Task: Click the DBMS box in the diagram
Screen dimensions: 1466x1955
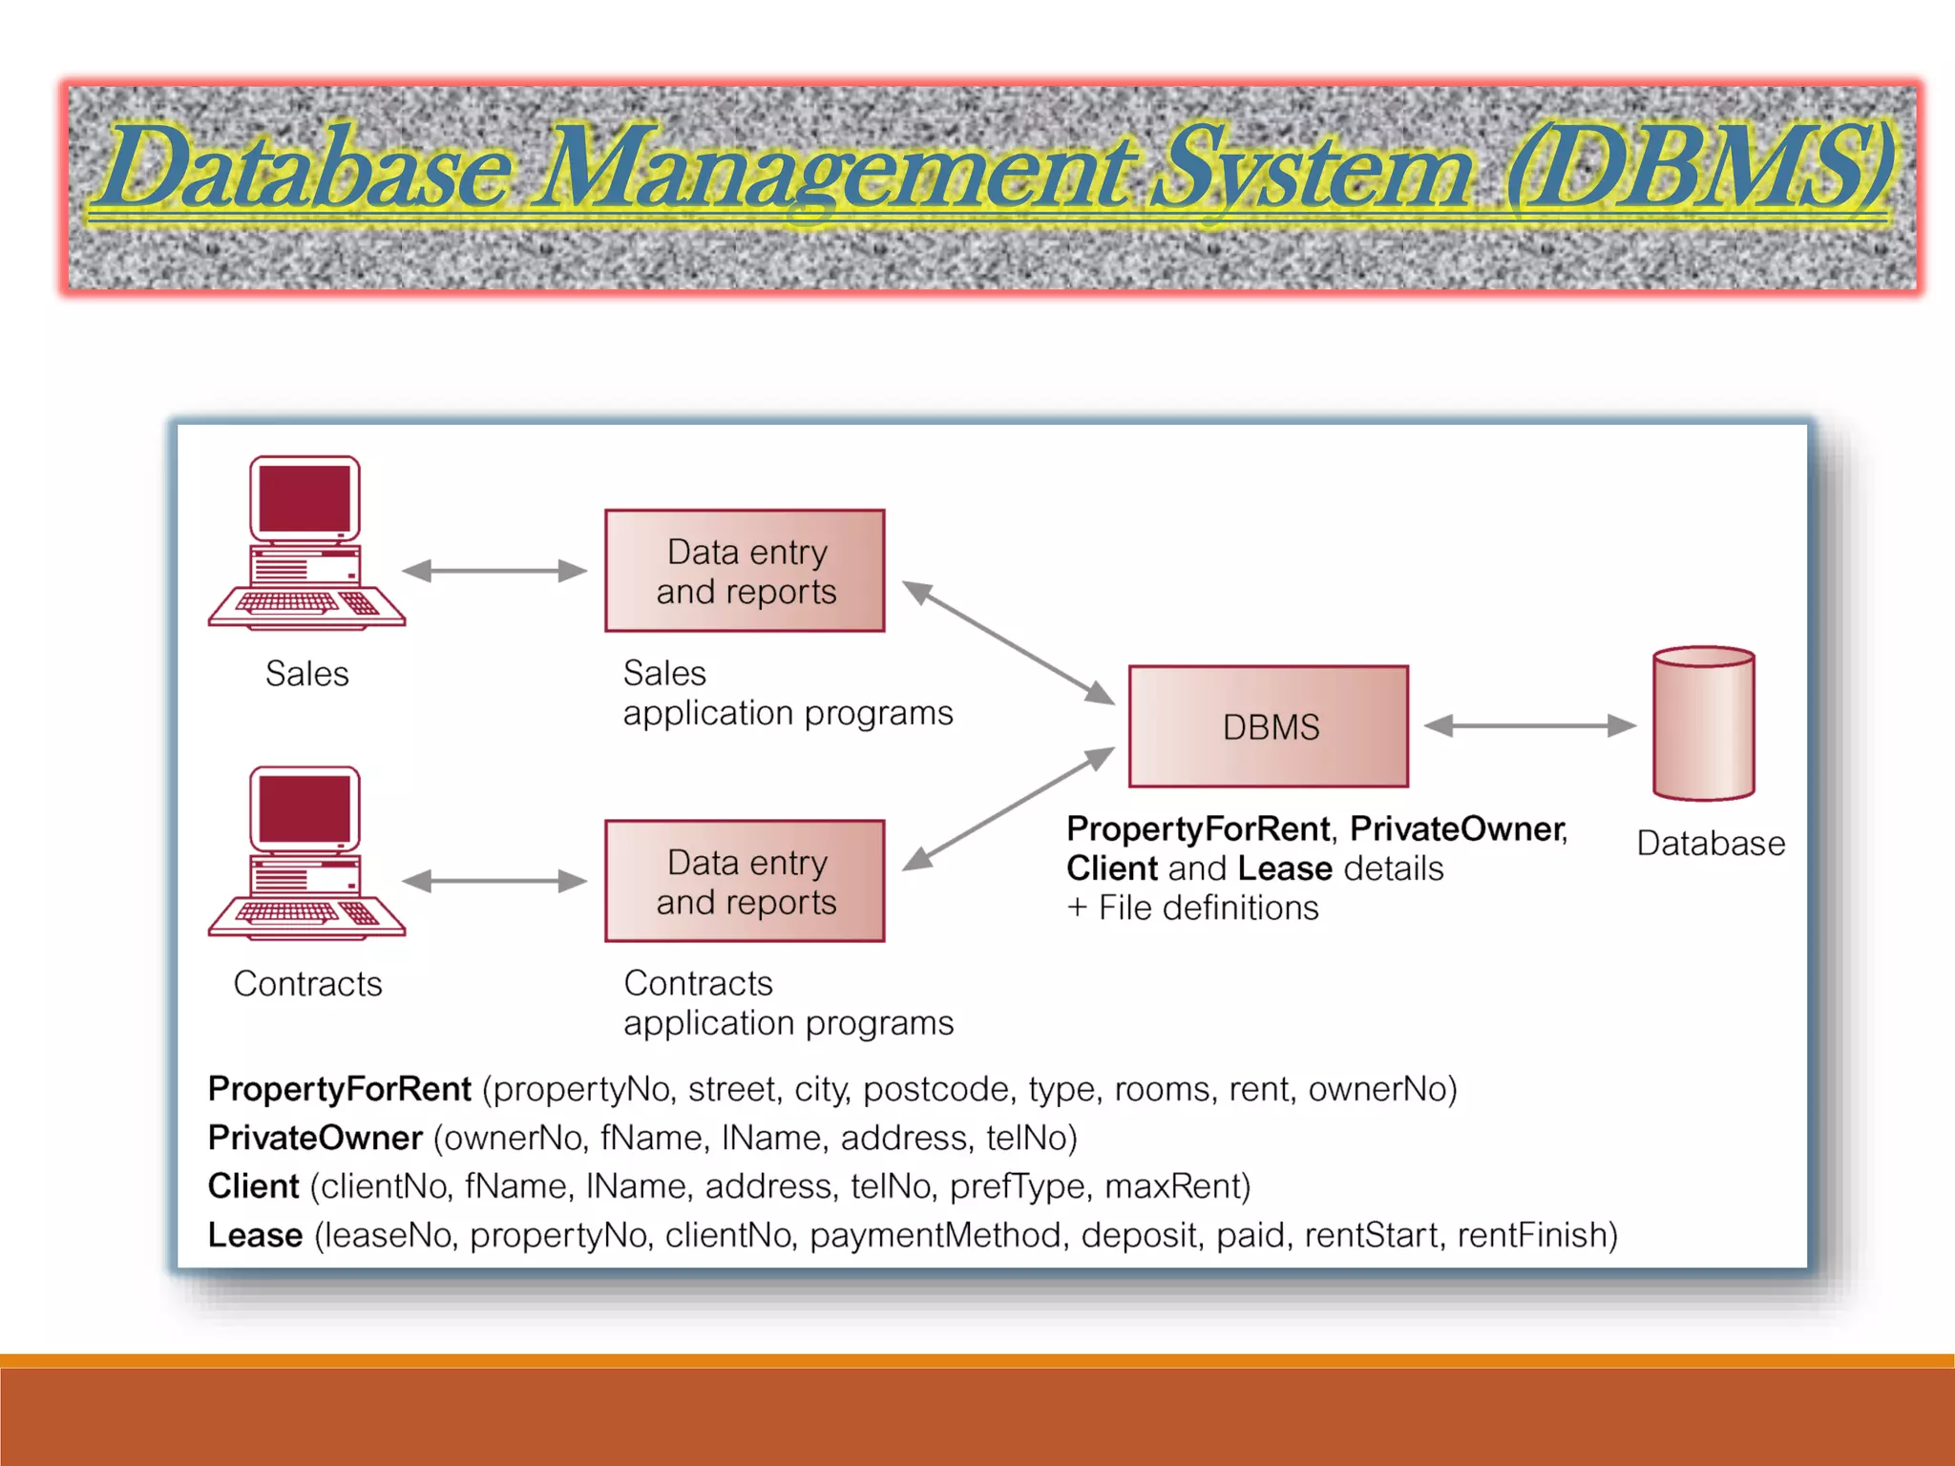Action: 1268,726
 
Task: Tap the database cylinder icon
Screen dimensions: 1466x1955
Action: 1703,724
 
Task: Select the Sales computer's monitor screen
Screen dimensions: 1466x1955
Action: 305,498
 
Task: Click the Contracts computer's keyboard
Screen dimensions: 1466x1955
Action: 286,913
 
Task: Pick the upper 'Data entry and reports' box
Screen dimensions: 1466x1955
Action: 745,571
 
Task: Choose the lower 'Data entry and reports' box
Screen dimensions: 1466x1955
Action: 745,881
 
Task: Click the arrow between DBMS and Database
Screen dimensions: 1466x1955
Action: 1529,725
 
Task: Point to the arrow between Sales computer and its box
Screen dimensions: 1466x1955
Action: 494,571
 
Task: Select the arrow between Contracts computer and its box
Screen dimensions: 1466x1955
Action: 494,881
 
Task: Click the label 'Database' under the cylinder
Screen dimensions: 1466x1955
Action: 1710,844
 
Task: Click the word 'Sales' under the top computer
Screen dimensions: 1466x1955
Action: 306,674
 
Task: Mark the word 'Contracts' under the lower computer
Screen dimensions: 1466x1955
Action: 307,984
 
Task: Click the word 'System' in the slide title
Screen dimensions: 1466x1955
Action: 1310,170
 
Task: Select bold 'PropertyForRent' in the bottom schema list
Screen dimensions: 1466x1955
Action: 339,1089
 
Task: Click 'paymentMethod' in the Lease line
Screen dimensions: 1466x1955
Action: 935,1235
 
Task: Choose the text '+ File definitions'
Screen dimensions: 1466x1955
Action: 1192,908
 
